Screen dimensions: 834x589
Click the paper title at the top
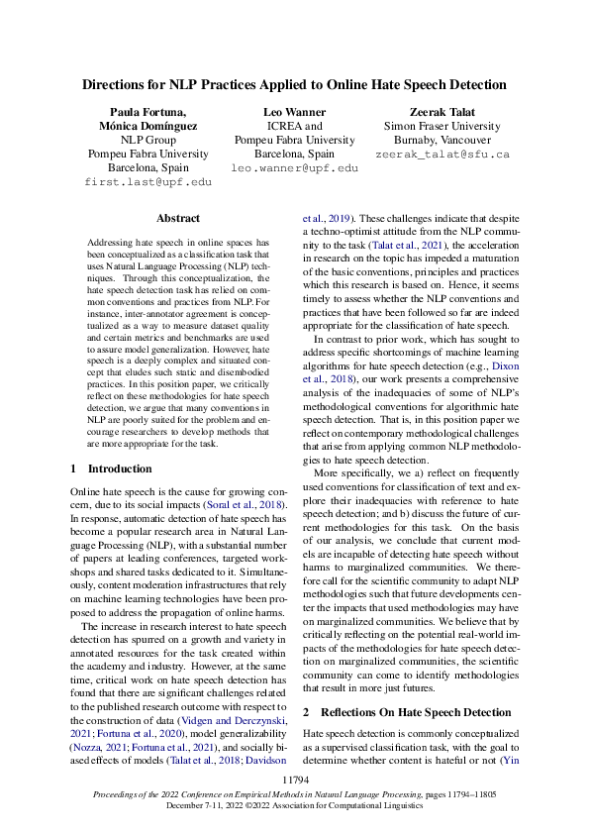pyautogui.click(x=294, y=85)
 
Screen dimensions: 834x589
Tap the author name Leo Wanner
pyautogui.click(x=294, y=112)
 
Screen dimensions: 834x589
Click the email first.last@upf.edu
pyautogui.click(x=147, y=183)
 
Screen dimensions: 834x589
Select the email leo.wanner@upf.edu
pyautogui.click(x=294, y=169)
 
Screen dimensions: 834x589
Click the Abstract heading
pyautogui.click(x=178, y=218)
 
